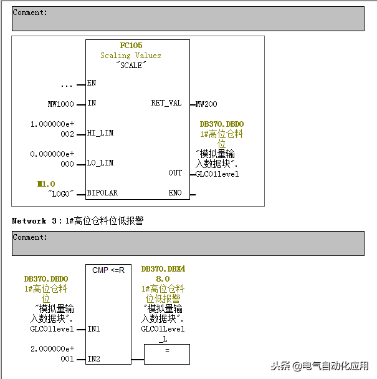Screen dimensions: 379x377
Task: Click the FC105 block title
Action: coord(131,46)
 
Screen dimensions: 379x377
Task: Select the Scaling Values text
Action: coord(131,56)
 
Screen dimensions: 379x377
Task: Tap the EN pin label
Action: coord(92,83)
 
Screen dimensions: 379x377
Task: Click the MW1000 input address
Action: coord(60,104)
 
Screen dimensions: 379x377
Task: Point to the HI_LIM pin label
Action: coord(100,133)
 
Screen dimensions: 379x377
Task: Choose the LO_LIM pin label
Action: coord(100,164)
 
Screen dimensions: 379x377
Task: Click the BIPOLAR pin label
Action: coord(102,193)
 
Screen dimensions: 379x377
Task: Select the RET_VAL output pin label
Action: coord(166,103)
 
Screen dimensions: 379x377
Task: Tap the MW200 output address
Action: coord(206,104)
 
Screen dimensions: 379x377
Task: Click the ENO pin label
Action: coord(175,193)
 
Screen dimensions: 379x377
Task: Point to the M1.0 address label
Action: coord(46,184)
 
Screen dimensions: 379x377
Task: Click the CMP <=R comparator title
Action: coord(108,270)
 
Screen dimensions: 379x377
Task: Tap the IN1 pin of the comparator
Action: coord(93,328)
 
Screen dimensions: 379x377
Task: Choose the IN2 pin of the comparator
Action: coord(93,359)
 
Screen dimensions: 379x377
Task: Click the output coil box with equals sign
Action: coord(167,355)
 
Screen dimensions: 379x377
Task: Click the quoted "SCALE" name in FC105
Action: coord(131,65)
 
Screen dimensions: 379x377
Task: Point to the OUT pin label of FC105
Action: coord(174,173)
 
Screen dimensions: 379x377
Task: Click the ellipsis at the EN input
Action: coord(67,84)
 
